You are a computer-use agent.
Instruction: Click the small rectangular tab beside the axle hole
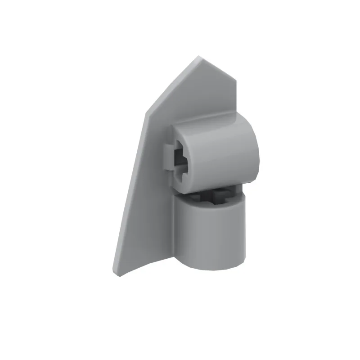coord(166,157)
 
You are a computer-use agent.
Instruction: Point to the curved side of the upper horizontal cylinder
coord(225,153)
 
